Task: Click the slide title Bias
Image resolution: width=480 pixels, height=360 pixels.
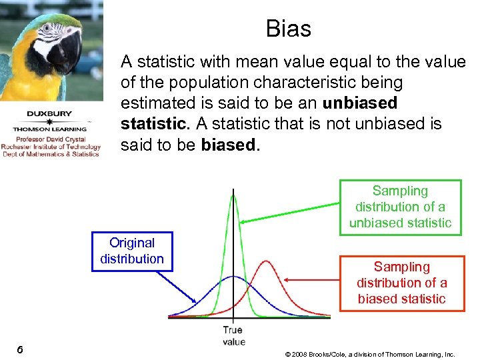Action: click(288, 29)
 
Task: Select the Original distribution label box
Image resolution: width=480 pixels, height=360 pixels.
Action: click(132, 251)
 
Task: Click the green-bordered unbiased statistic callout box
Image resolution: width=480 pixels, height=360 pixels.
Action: click(400, 207)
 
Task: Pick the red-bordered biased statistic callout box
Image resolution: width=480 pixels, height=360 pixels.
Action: click(401, 283)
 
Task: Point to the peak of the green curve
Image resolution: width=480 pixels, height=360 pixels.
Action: click(233, 193)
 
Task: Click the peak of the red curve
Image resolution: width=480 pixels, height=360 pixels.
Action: click(265, 261)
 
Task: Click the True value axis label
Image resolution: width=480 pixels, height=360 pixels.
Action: click(233, 335)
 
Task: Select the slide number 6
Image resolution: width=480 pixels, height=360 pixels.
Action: click(21, 349)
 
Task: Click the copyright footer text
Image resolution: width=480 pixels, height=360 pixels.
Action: click(369, 354)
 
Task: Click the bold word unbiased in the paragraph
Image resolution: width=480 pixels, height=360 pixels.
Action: click(359, 103)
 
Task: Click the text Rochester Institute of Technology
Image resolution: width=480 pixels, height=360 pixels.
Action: click(51, 147)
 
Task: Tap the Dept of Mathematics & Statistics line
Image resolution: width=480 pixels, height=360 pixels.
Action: click(50, 154)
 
